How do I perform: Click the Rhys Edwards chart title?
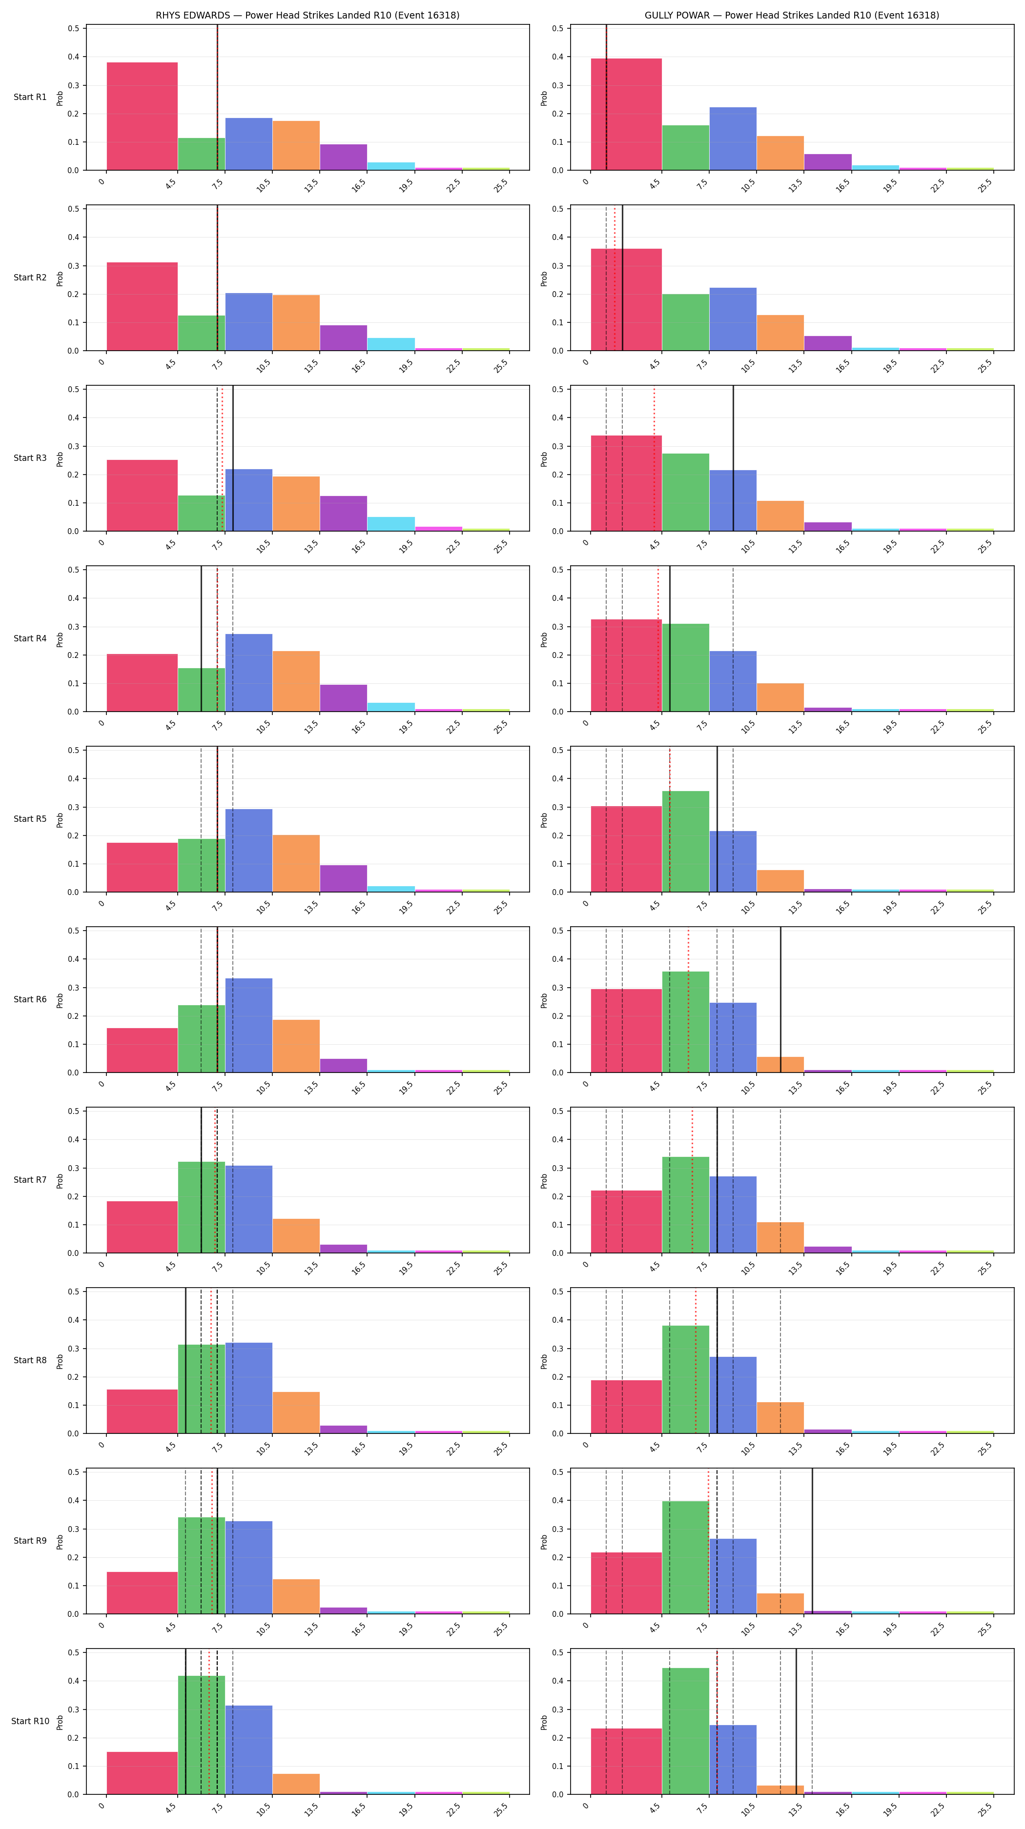(307, 15)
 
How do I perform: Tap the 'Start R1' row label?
(30, 97)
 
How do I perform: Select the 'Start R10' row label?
(30, 1721)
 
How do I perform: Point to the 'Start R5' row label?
(30, 818)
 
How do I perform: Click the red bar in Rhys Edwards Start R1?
(142, 117)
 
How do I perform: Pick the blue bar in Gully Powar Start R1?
(733, 139)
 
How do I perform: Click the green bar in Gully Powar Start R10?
(685, 1731)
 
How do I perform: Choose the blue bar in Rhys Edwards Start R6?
(248, 1025)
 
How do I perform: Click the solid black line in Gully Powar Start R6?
(780, 1000)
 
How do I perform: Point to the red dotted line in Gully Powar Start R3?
(654, 458)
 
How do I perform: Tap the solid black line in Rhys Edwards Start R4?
(201, 639)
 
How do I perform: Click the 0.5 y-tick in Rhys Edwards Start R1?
(74, 28)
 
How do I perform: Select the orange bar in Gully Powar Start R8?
(780, 1418)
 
